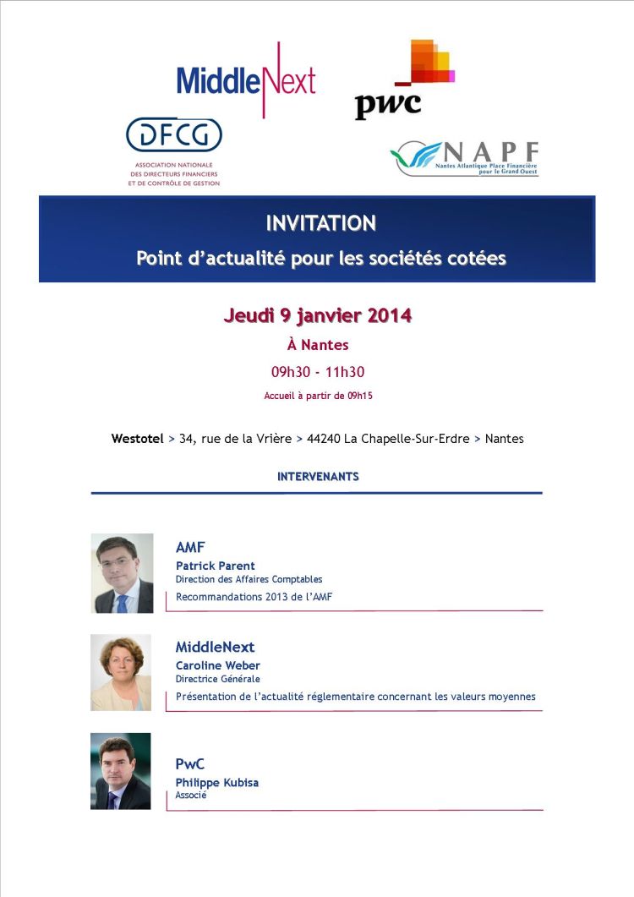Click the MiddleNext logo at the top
tap(246, 81)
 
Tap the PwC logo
tap(402, 81)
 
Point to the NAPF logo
tap(464, 157)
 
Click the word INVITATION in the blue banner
tap(320, 223)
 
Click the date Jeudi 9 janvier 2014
tap(317, 316)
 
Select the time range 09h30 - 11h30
tap(317, 372)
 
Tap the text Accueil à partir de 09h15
tap(318, 395)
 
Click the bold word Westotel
tap(137, 439)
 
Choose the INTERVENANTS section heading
tap(318, 477)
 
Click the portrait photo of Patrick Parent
tap(122, 572)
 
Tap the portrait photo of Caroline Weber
tap(121, 672)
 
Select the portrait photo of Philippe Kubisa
tap(121, 770)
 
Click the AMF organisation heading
tap(190, 548)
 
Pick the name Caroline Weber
tap(218, 665)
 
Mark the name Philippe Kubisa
tap(217, 783)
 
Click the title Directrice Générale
tap(218, 679)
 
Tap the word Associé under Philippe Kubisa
tap(191, 796)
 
